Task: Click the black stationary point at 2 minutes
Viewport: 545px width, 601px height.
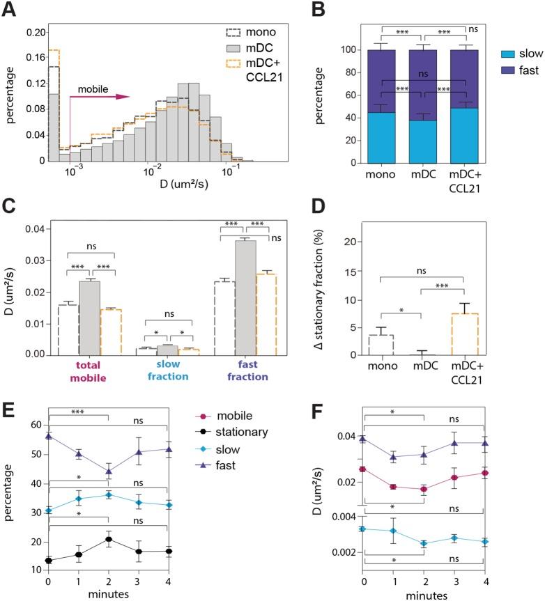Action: click(107, 540)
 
